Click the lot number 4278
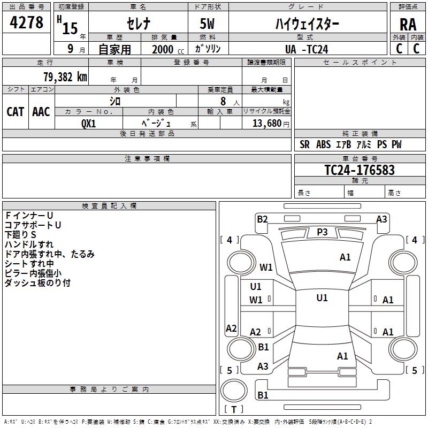(x=26, y=22)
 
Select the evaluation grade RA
(x=408, y=25)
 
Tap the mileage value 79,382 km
(x=65, y=77)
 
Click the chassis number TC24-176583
(x=360, y=170)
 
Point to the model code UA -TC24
(x=307, y=49)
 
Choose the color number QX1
(x=88, y=124)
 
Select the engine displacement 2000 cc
(x=168, y=49)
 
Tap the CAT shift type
(x=16, y=112)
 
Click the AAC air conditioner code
(x=41, y=112)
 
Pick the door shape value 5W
(x=207, y=24)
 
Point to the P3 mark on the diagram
(x=322, y=232)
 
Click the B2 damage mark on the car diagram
(x=262, y=219)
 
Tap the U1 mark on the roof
(x=322, y=298)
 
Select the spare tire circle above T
(x=234, y=391)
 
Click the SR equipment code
(x=304, y=144)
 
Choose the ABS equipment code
(x=324, y=144)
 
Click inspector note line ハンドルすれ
(x=29, y=244)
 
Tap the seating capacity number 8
(x=223, y=101)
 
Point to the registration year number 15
(x=70, y=28)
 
